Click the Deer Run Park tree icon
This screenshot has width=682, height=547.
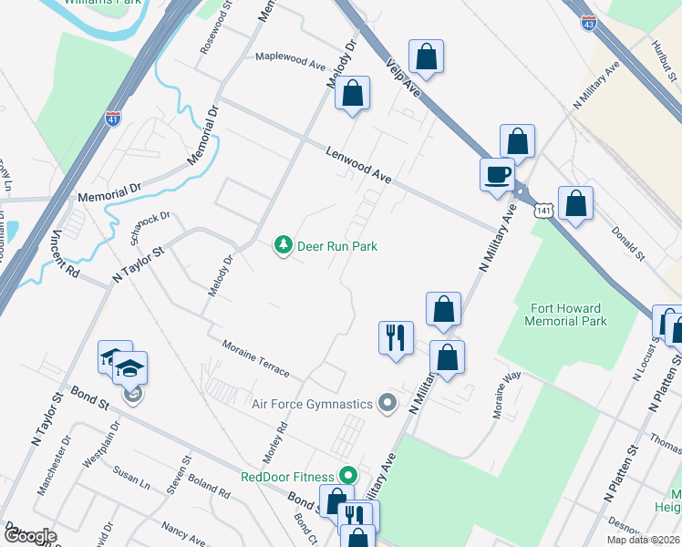(x=284, y=245)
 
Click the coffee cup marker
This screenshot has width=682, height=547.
(x=498, y=174)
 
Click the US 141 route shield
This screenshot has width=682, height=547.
(x=543, y=211)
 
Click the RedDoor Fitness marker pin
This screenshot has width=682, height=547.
(x=346, y=475)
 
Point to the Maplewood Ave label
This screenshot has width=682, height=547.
(x=290, y=61)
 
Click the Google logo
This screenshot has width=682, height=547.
(x=29, y=536)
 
